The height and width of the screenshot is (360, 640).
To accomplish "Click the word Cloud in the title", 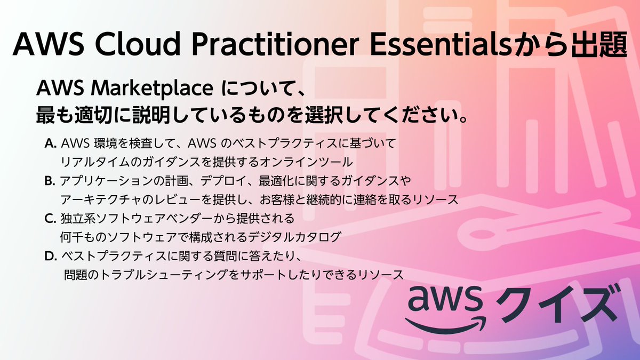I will click(123, 44).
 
